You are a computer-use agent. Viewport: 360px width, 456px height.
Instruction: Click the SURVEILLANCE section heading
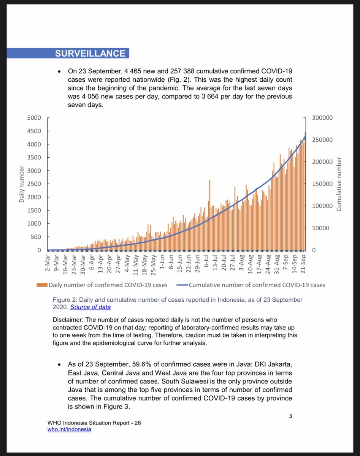coord(90,53)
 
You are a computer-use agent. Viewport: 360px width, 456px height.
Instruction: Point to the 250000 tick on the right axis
coord(322,140)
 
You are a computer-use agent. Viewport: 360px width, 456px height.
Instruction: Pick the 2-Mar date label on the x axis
coord(48,263)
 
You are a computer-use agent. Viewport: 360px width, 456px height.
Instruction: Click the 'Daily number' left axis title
coord(22,184)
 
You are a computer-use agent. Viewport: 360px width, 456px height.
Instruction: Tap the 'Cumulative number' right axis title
coord(338,184)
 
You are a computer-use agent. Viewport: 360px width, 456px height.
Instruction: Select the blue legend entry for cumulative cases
coord(251,285)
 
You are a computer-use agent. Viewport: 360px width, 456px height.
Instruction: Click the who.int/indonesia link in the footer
coord(70,429)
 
